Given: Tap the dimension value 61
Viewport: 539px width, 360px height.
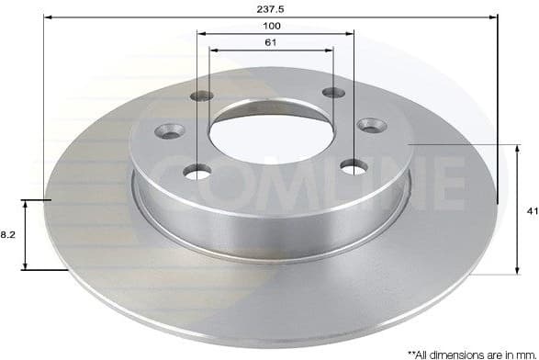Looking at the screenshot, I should tap(274, 42).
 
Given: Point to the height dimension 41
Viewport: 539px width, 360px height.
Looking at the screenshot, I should tap(531, 210).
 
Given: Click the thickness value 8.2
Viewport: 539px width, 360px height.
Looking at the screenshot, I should tap(6, 234).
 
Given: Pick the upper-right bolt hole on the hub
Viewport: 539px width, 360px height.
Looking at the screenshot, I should tap(333, 94).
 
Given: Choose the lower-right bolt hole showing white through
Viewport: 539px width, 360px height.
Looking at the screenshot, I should tap(353, 165).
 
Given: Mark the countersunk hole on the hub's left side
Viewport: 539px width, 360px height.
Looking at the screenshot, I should tap(168, 130).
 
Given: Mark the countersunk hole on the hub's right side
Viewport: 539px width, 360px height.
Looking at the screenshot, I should tap(372, 125).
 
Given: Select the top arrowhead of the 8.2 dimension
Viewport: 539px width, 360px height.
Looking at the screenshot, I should tap(26, 203).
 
